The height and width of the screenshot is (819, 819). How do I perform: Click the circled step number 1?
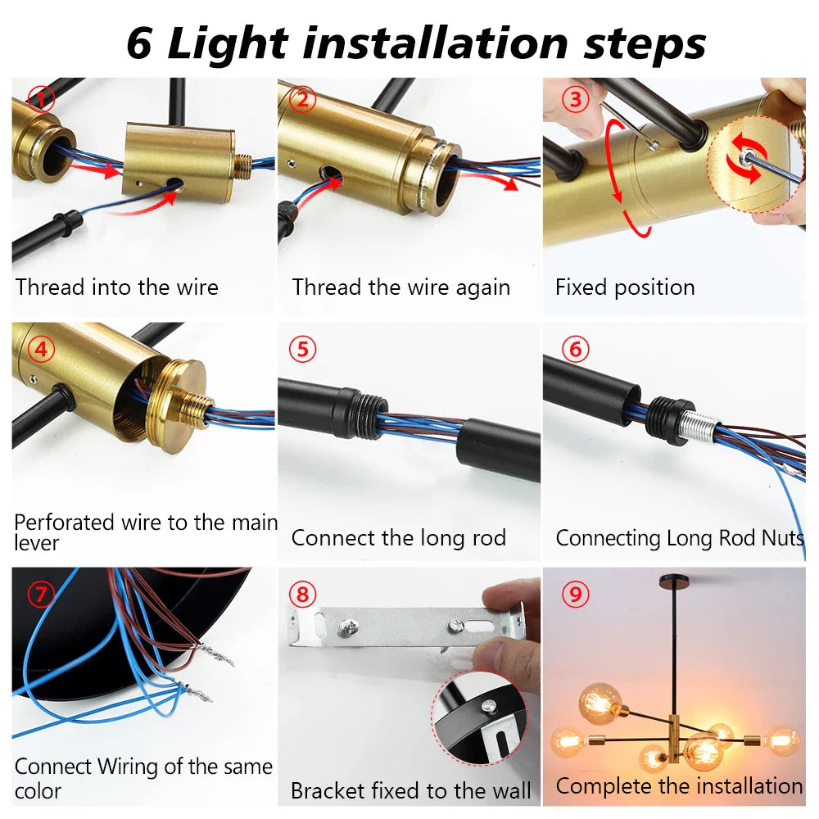click(x=40, y=100)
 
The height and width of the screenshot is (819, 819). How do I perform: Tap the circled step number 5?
click(x=302, y=350)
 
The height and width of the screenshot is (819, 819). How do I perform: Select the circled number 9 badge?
click(x=575, y=595)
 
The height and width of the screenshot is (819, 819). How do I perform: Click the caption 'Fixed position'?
click(x=625, y=287)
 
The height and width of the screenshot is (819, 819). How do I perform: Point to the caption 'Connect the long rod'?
click(x=399, y=538)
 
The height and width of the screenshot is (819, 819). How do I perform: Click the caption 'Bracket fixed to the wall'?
click(x=410, y=791)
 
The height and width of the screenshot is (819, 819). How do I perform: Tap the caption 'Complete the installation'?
click(x=679, y=786)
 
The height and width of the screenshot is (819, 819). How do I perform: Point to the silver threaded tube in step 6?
click(x=699, y=429)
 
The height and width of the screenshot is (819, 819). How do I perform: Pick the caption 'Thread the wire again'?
click(x=400, y=287)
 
